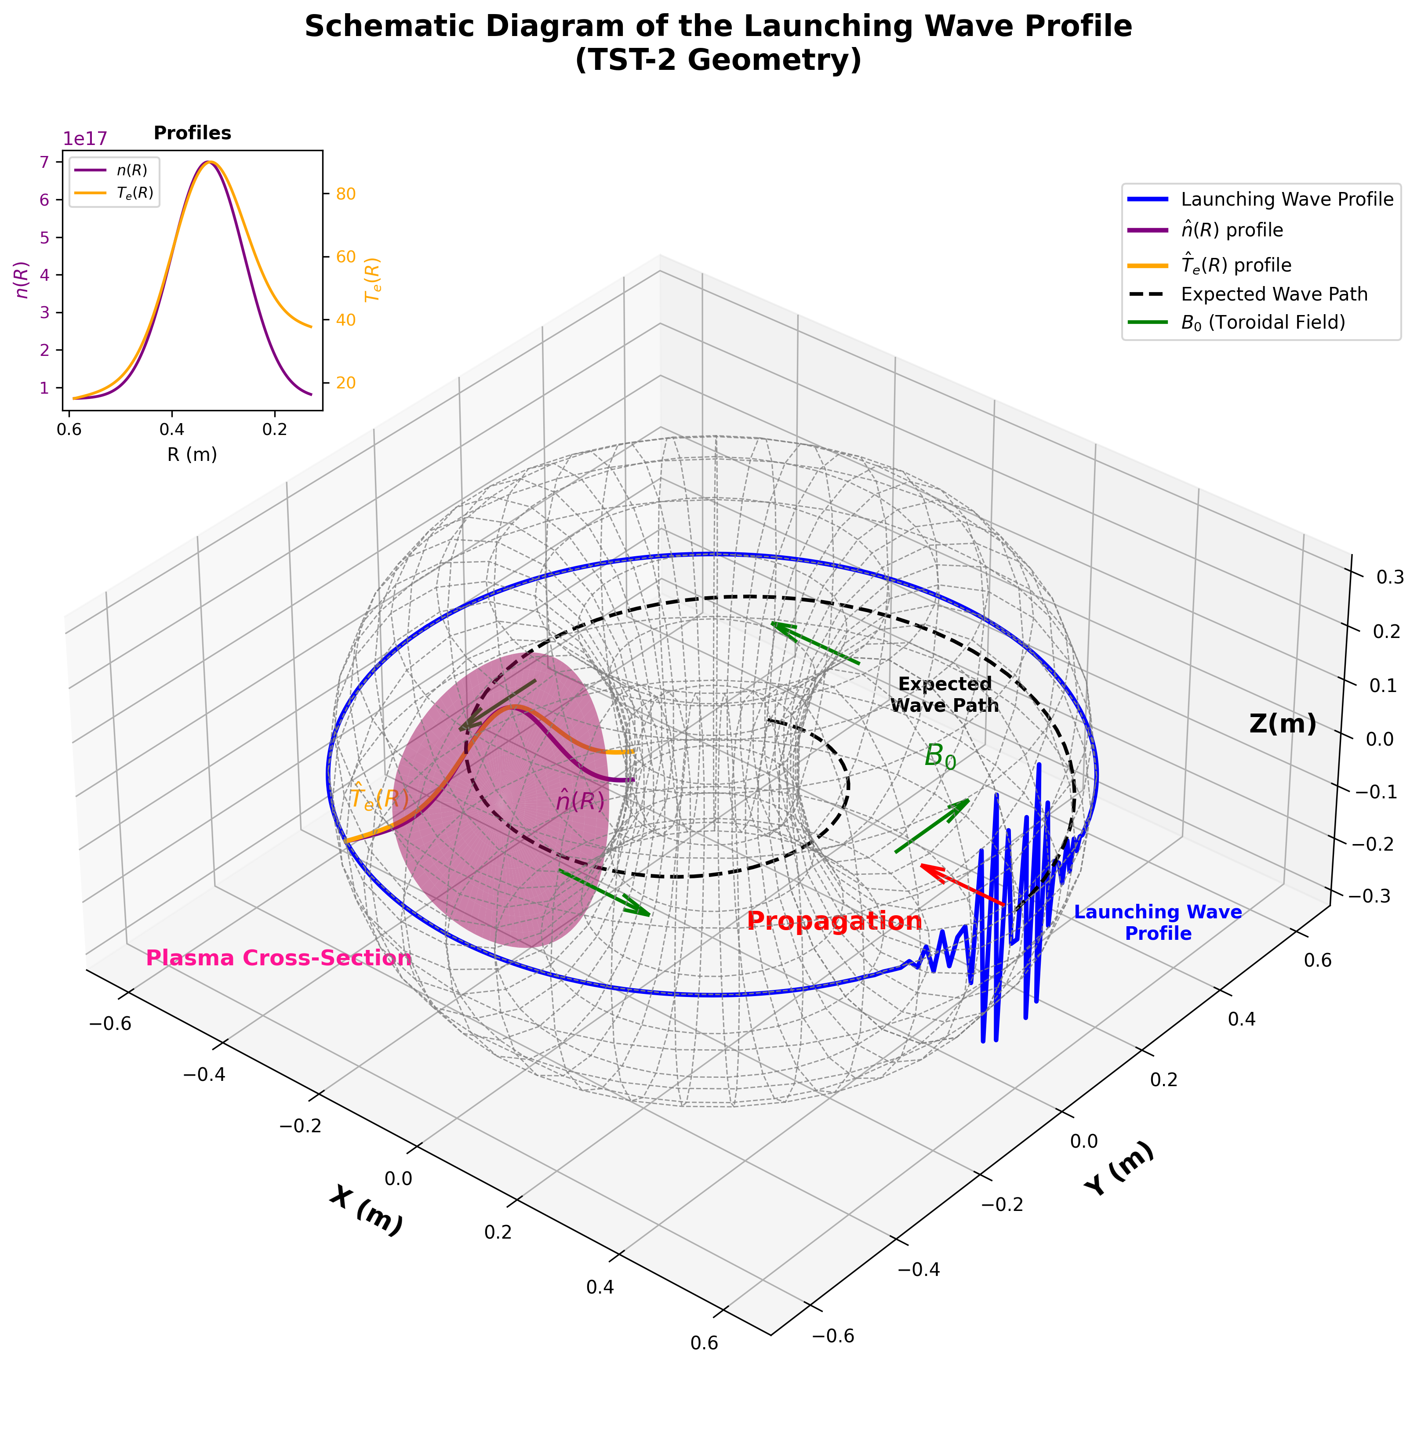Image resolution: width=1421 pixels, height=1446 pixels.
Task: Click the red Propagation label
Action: tap(834, 921)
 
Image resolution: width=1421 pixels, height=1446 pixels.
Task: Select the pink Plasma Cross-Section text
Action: tap(278, 958)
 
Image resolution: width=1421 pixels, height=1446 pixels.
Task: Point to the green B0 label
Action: tap(940, 757)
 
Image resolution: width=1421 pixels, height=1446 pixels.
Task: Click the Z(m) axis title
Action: tap(1282, 724)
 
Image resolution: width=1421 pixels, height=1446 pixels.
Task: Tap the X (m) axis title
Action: tap(366, 1210)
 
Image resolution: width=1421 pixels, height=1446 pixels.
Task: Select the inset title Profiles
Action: tap(193, 133)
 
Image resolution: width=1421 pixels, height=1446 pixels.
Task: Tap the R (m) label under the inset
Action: tap(193, 454)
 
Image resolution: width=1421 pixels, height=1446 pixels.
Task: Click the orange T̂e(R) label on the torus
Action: tap(379, 797)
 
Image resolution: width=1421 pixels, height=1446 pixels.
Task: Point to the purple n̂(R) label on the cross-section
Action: tap(580, 801)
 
